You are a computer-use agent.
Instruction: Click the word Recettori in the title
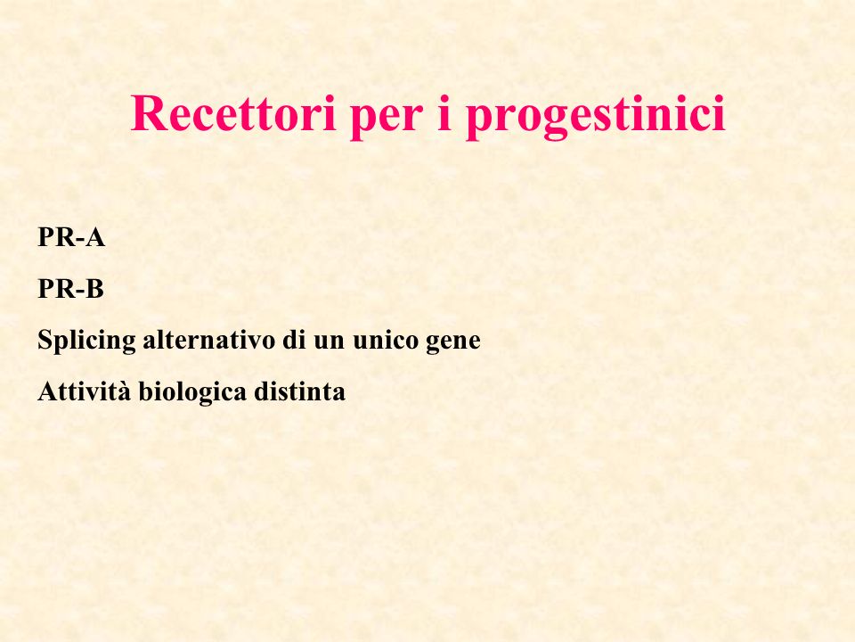(232, 113)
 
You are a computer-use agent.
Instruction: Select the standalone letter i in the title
(444, 113)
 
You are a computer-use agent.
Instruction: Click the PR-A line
(71, 237)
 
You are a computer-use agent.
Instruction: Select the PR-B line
(70, 288)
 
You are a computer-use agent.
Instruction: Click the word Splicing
(86, 342)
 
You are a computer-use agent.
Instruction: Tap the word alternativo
(208, 340)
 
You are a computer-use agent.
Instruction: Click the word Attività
(85, 391)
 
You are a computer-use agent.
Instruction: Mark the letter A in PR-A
(96, 237)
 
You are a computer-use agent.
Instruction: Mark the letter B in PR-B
(95, 288)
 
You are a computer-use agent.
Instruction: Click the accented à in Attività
(126, 393)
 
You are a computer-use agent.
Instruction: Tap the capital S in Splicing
(45, 340)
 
